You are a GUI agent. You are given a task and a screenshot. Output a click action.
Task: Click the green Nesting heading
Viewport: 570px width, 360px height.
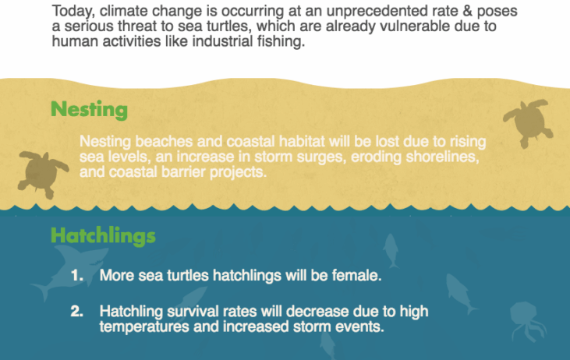pyautogui.click(x=89, y=109)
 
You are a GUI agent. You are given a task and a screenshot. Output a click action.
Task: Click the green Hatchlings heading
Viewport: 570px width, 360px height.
pyautogui.click(x=103, y=235)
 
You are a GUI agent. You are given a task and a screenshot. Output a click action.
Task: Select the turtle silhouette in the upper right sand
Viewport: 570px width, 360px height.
pyautogui.click(x=529, y=122)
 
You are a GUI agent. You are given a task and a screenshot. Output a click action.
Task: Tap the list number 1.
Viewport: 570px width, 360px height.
pyautogui.click(x=76, y=275)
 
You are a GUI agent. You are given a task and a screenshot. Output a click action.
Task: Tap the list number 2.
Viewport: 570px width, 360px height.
pyautogui.click(x=76, y=312)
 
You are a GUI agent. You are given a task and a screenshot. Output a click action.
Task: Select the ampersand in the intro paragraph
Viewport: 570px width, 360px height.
pyautogui.click(x=468, y=11)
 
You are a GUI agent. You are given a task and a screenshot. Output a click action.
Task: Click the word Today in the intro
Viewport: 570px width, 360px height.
pyautogui.click(x=73, y=11)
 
